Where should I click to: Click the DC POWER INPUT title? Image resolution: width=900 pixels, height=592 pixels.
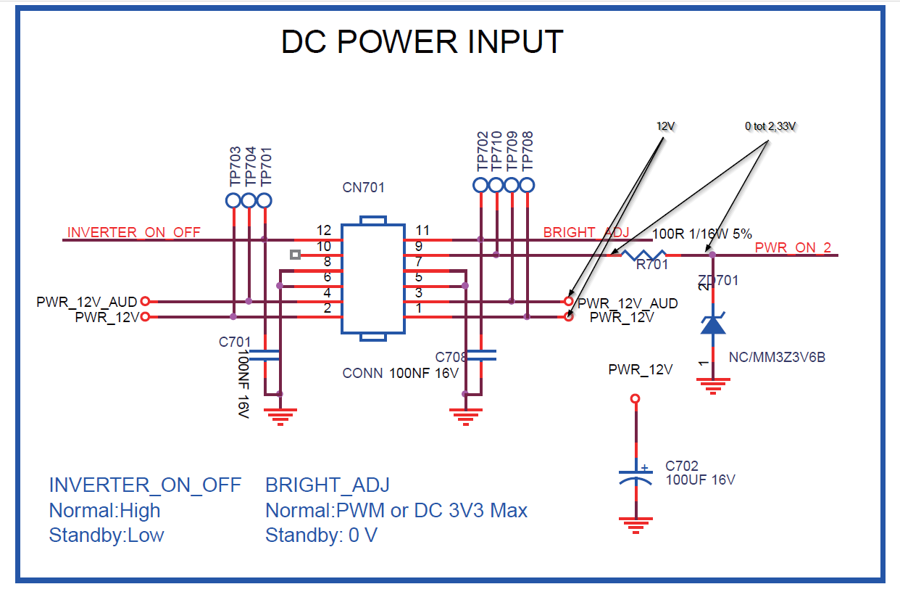(422, 41)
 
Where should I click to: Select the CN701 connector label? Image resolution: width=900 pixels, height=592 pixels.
(363, 187)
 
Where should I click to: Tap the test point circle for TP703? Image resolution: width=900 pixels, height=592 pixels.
(233, 200)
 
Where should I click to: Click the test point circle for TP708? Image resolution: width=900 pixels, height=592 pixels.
(527, 186)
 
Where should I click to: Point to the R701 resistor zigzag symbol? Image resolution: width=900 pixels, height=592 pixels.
(643, 255)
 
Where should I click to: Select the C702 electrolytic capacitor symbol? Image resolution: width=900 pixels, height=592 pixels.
(636, 477)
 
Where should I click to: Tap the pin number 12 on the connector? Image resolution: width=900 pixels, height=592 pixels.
(323, 230)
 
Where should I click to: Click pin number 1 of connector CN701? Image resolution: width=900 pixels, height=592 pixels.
(419, 308)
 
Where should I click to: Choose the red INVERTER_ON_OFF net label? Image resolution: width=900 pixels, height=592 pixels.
(134, 232)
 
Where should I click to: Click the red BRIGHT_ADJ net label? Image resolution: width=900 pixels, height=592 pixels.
(586, 232)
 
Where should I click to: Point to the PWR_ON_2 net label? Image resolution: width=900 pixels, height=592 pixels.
(793, 247)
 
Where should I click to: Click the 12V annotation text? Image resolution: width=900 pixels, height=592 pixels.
(665, 126)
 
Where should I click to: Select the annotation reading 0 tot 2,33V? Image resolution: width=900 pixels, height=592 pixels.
(770, 126)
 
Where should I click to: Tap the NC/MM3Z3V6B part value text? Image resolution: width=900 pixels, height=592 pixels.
(777, 357)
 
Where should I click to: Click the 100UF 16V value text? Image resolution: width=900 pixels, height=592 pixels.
(700, 480)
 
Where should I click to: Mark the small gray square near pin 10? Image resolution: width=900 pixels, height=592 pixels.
(296, 255)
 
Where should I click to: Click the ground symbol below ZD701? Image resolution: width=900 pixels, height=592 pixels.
(713, 386)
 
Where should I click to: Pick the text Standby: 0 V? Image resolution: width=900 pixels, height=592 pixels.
(322, 535)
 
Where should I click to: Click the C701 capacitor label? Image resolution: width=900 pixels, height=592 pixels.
(235, 342)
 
